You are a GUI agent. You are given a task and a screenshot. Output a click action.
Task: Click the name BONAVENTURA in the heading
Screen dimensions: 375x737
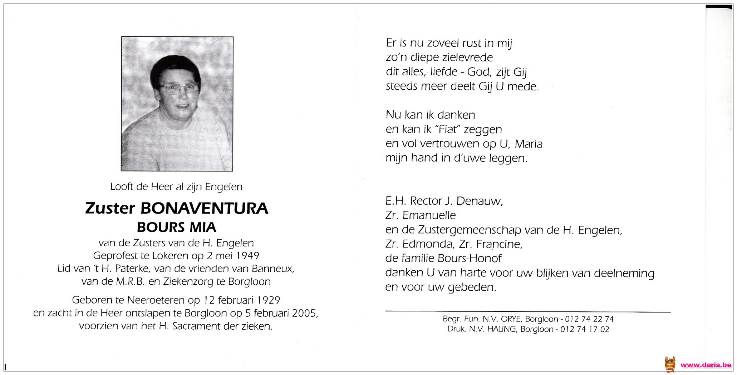[204, 209]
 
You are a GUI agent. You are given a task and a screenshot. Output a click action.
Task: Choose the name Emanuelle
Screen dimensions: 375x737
[429, 215]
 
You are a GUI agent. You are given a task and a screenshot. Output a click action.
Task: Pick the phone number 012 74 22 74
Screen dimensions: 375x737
[587, 319]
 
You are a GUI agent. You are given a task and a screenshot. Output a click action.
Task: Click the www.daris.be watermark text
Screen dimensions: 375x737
[706, 365]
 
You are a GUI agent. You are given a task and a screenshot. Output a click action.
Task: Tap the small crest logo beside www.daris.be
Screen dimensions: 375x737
[670, 365]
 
